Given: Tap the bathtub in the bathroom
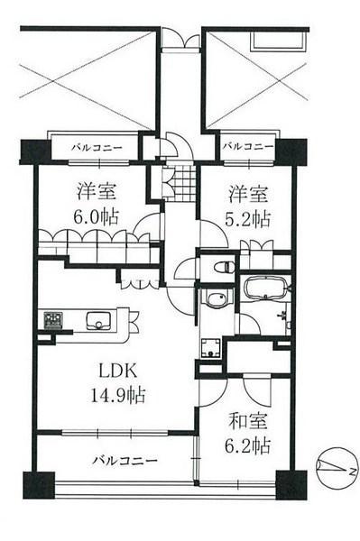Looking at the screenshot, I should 265,290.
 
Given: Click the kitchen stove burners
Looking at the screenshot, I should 51,320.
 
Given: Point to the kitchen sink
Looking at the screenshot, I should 97,319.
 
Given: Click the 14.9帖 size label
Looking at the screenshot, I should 115,394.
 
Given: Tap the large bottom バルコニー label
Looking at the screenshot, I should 125,460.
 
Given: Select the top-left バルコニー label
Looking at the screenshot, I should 94,146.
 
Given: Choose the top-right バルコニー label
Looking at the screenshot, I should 247,146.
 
